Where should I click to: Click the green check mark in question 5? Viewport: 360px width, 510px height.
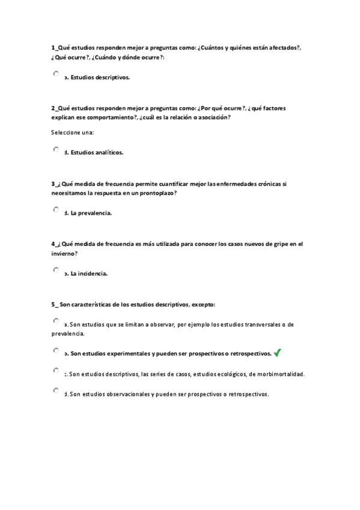277,353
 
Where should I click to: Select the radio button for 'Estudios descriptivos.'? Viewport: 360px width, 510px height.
56,74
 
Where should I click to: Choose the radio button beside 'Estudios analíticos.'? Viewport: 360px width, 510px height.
56,149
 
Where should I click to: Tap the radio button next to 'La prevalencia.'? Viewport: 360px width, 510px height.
56,210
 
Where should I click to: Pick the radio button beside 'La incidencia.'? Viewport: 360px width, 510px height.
56,271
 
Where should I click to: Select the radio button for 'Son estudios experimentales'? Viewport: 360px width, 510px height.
56,350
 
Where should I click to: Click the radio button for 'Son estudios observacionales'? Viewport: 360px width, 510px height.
56,391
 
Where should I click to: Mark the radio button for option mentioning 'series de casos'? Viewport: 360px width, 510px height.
56,370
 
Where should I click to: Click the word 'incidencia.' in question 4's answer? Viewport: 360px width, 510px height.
93,274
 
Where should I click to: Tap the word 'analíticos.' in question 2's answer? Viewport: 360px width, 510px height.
108,153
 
